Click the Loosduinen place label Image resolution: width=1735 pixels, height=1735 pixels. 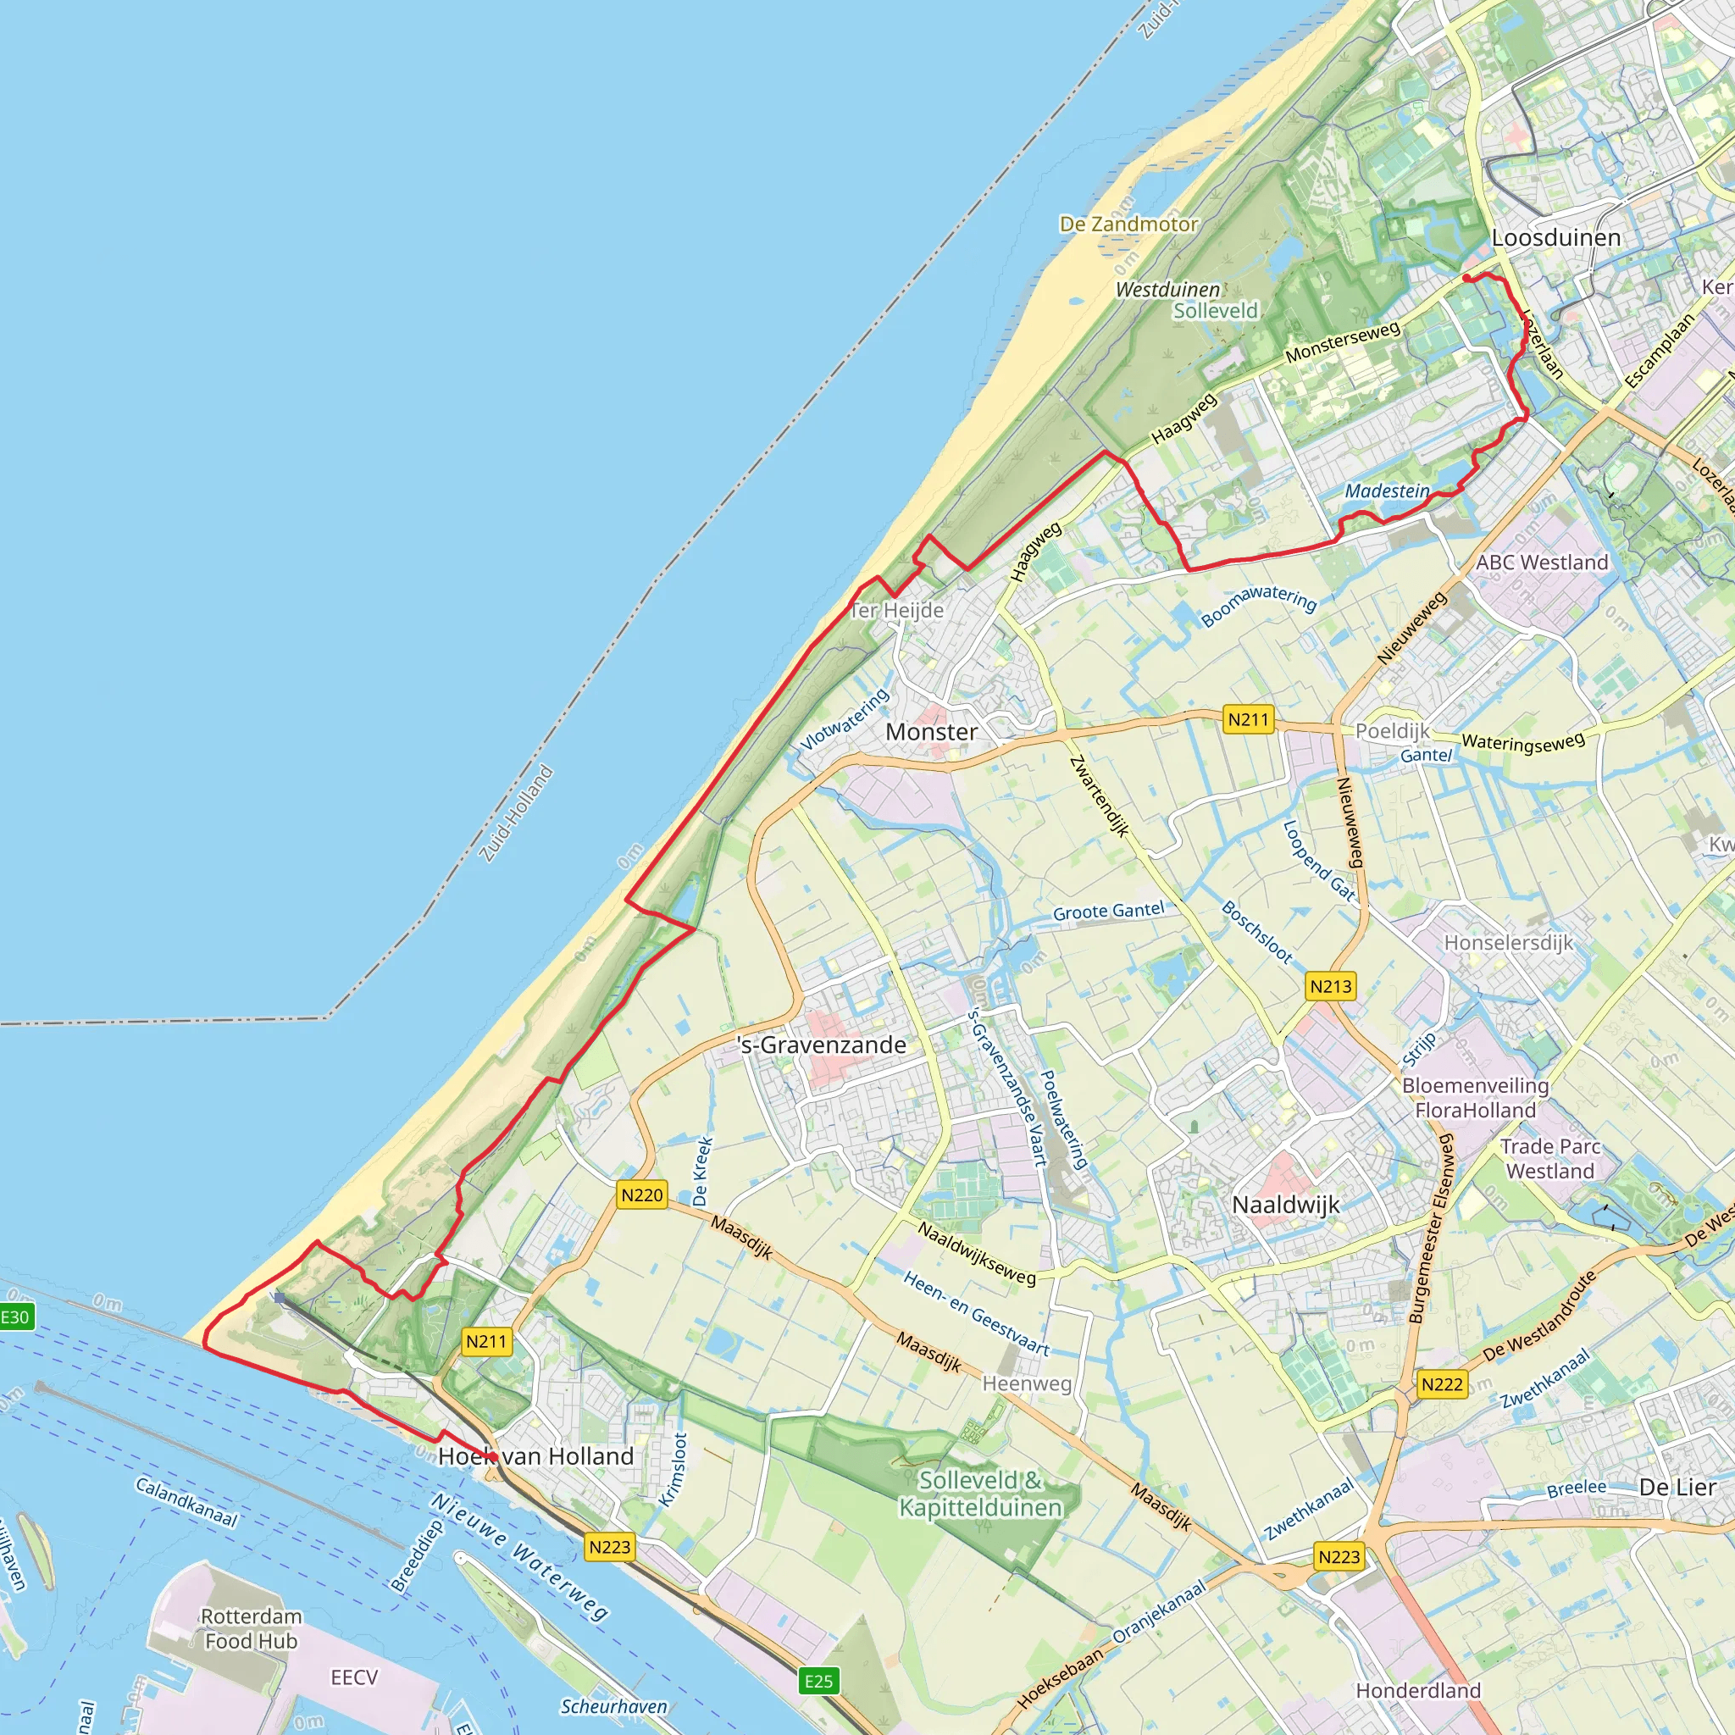(x=1555, y=238)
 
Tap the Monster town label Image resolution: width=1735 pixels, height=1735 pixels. (x=931, y=732)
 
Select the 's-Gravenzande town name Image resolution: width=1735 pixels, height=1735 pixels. (x=821, y=1045)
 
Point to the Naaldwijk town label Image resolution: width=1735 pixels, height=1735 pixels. (x=1285, y=1206)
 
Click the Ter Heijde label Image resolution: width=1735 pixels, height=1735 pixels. (x=897, y=611)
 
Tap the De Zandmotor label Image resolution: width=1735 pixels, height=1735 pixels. (x=1128, y=224)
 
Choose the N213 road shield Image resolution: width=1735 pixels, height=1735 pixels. (x=1330, y=987)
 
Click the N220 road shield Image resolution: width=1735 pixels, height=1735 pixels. (x=641, y=1195)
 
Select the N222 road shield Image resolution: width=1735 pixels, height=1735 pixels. (x=1441, y=1385)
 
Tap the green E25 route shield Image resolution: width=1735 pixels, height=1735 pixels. (x=818, y=1681)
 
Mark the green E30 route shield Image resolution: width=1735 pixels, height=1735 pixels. (x=14, y=1317)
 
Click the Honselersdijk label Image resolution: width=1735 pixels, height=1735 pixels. (x=1508, y=943)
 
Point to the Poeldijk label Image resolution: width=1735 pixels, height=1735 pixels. (x=1391, y=731)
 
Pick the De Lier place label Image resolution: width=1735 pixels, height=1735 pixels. (x=1677, y=1487)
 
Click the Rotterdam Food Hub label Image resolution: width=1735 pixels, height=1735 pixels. (x=251, y=1629)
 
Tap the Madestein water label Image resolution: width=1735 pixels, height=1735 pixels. (x=1387, y=491)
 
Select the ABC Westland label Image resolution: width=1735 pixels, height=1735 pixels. (x=1542, y=563)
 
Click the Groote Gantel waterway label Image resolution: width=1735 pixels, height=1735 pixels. (x=1108, y=912)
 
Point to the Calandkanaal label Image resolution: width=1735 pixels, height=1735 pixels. (x=186, y=1502)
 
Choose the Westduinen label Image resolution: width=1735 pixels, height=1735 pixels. (x=1167, y=290)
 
